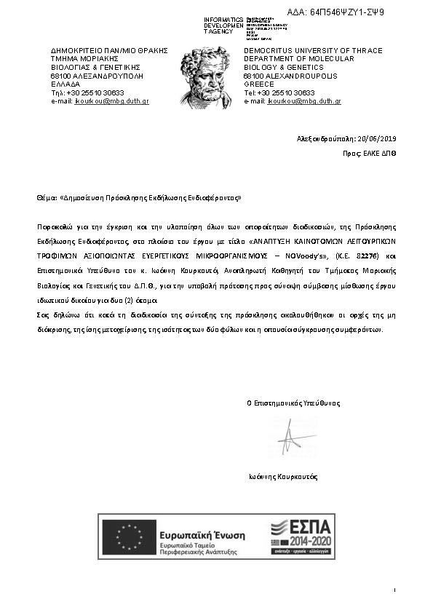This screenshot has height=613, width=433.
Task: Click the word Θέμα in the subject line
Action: point(46,197)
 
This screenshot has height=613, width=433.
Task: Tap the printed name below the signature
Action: point(283,477)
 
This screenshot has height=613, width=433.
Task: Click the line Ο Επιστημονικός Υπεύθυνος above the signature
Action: point(293,403)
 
